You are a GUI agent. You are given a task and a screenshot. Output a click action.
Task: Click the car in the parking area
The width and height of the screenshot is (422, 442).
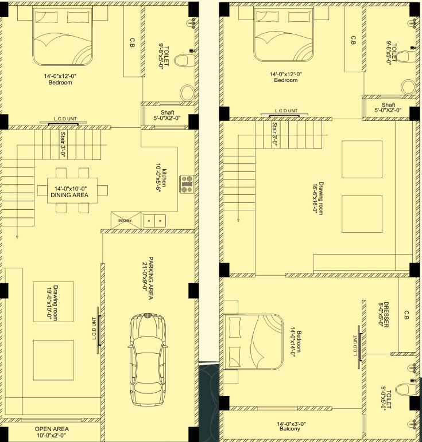[x=148, y=359]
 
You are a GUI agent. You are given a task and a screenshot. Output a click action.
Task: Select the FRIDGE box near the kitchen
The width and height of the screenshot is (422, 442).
[x=126, y=221]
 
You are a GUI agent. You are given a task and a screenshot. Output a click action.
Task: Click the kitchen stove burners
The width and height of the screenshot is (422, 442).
[x=187, y=184]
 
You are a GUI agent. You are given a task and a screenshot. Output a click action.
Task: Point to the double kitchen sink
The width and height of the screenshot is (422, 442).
[x=154, y=221]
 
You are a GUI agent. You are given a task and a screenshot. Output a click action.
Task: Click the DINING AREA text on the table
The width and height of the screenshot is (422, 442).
[x=69, y=195]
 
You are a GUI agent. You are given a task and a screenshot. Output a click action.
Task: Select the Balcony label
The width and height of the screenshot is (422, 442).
[x=290, y=429]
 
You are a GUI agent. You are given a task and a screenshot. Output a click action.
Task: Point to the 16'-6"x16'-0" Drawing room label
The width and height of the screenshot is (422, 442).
[x=318, y=198]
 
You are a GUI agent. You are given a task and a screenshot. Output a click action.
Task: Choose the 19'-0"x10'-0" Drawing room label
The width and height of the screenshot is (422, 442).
[x=52, y=303]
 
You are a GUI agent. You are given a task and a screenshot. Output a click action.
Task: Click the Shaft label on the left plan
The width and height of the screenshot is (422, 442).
[x=168, y=112]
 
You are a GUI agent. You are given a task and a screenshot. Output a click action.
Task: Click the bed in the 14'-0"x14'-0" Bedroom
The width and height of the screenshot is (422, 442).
[x=253, y=342]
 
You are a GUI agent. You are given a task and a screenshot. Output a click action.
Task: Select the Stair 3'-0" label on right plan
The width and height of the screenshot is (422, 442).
[x=274, y=134]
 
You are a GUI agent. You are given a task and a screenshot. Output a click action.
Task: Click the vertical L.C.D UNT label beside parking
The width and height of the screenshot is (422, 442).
[x=95, y=328]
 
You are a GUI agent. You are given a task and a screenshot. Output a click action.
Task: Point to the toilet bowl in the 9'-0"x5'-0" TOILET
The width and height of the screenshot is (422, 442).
[x=405, y=389]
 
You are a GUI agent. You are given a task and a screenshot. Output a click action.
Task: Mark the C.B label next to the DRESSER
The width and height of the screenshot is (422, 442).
[x=406, y=315]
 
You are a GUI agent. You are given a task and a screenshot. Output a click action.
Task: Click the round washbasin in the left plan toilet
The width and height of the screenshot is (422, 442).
[x=187, y=93]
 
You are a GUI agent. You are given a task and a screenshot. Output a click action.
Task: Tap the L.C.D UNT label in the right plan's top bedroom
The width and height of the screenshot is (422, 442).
[x=287, y=111]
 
